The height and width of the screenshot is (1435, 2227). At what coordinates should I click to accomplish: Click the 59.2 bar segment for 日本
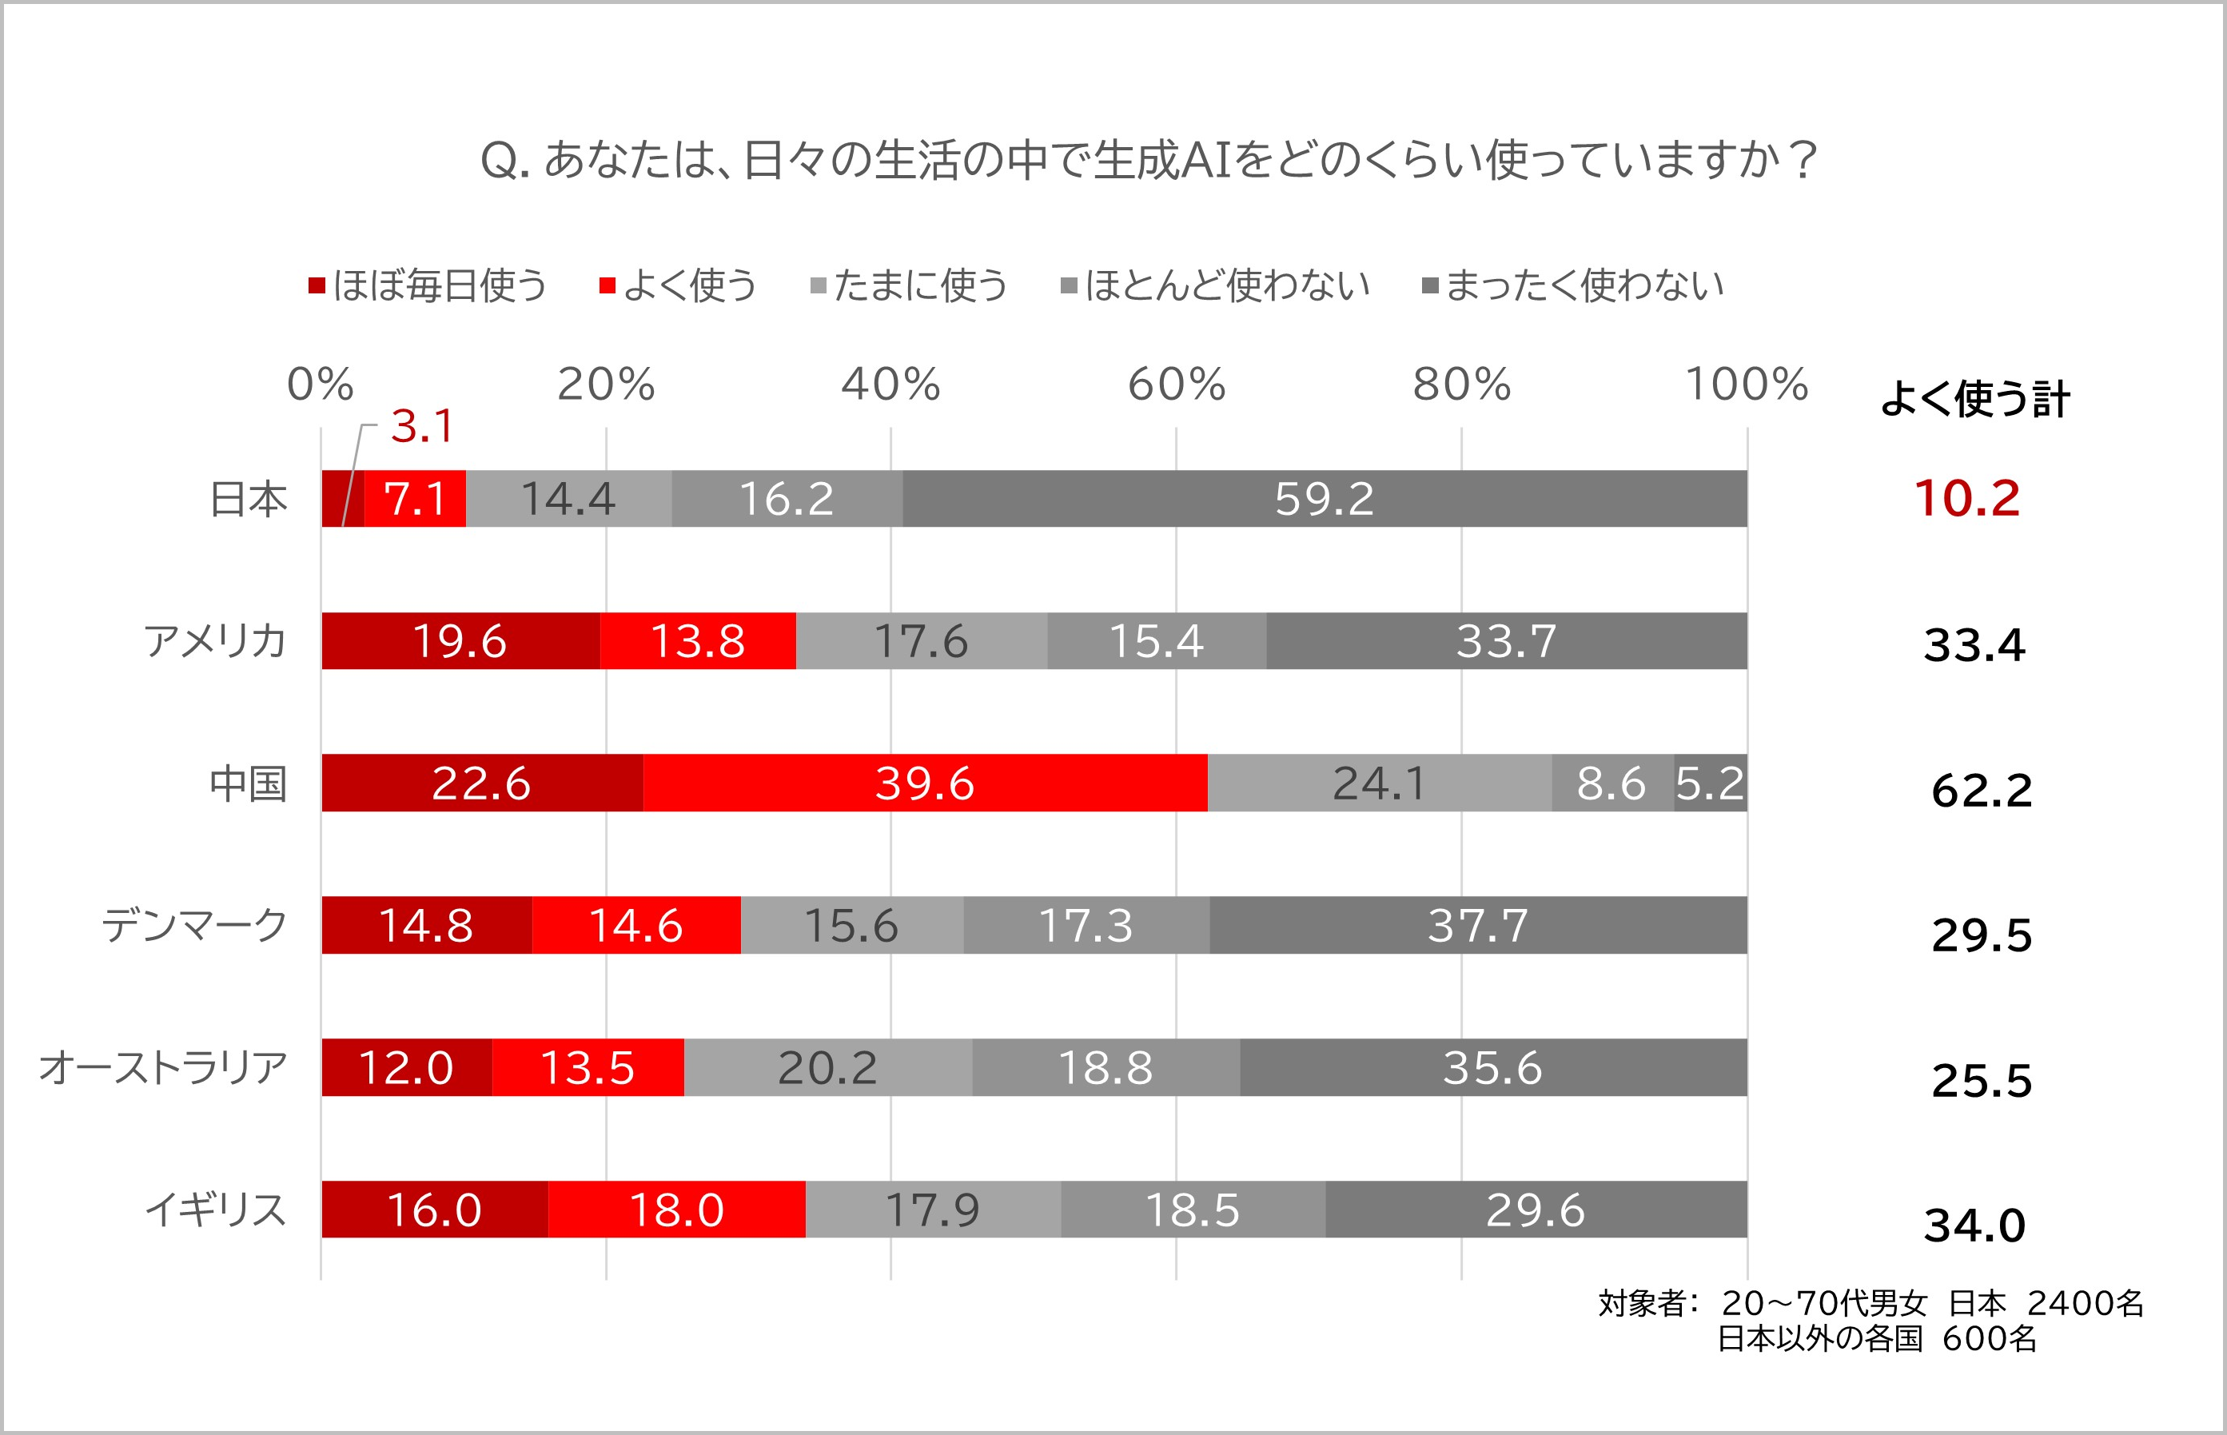[x=1324, y=499]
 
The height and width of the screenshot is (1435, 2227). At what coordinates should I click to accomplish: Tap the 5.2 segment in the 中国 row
[x=1710, y=783]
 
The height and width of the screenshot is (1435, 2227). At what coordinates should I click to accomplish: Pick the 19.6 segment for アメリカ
[x=460, y=641]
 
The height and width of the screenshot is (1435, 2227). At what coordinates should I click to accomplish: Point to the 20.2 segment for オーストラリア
[x=827, y=1067]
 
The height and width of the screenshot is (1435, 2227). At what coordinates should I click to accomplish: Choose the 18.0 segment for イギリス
[x=676, y=1210]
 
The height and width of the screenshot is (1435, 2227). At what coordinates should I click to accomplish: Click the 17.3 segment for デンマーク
[x=1086, y=925]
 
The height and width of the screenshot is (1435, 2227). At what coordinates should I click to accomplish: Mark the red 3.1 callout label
[x=422, y=427]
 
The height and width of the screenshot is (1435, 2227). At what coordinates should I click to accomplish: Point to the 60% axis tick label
[x=1176, y=384]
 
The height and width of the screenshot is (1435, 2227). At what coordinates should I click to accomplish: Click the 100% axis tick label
[x=1747, y=384]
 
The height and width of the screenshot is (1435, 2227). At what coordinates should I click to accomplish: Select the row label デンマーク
[x=193, y=925]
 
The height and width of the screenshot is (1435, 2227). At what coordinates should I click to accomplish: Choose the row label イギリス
[x=215, y=1210]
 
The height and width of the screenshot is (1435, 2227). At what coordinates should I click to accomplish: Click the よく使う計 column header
[x=1974, y=399]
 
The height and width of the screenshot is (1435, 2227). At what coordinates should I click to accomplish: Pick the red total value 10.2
[x=1966, y=499]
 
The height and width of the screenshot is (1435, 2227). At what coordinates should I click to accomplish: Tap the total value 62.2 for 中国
[x=1981, y=790]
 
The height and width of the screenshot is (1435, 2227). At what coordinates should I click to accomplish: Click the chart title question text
[x=1148, y=159]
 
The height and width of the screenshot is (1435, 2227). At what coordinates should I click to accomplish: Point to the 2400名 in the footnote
[x=2086, y=1302]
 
